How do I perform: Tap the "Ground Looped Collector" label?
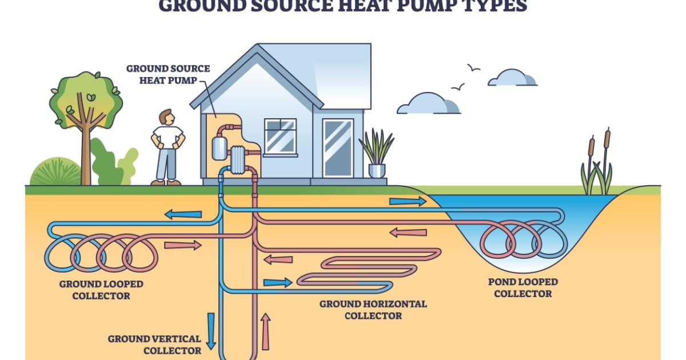[101, 290]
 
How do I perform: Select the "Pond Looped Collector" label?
[523, 287]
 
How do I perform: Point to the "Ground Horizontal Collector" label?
[373, 309]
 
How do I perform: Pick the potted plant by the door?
[376, 153]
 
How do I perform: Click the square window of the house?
[280, 136]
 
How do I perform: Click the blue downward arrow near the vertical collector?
[210, 330]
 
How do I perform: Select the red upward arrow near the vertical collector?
[265, 331]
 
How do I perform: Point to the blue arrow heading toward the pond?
[408, 201]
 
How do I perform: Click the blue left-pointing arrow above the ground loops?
[183, 214]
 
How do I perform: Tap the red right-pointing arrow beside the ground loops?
[183, 245]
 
